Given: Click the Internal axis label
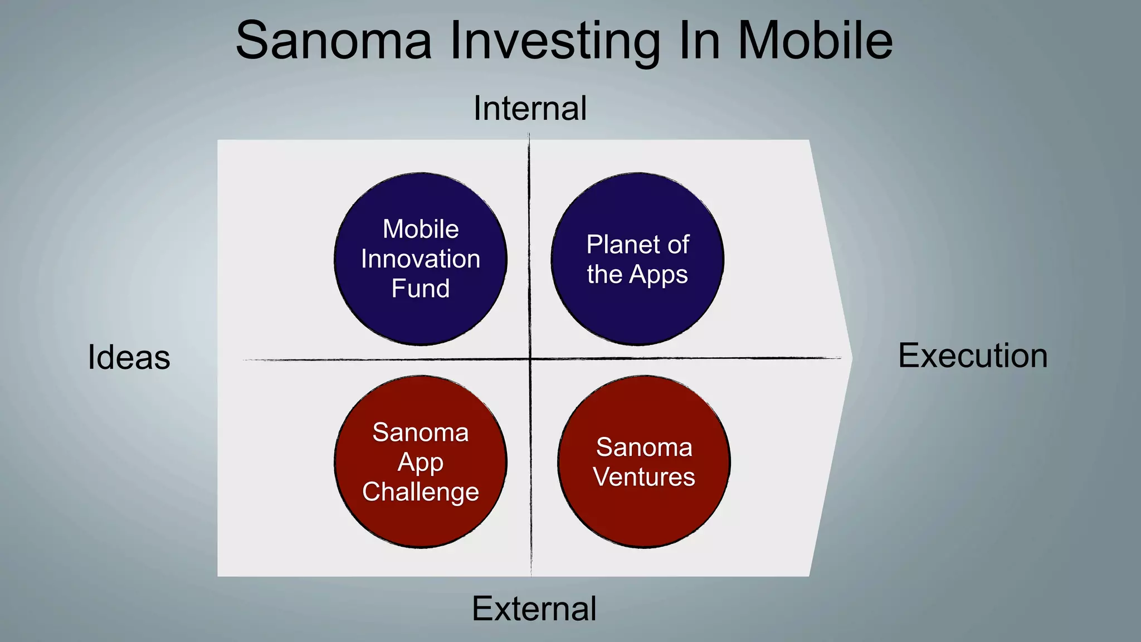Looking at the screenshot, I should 530,108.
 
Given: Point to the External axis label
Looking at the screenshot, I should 534,609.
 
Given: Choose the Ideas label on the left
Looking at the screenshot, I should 129,357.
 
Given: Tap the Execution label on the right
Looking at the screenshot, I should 973,356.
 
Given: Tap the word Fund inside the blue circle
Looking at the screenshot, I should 421,289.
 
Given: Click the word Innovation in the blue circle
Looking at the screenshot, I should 421,259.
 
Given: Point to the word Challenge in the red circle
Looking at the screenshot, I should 421,492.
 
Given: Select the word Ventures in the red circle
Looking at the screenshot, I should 644,477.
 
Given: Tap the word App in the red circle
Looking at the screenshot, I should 421,463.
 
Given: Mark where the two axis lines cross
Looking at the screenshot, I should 530,359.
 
